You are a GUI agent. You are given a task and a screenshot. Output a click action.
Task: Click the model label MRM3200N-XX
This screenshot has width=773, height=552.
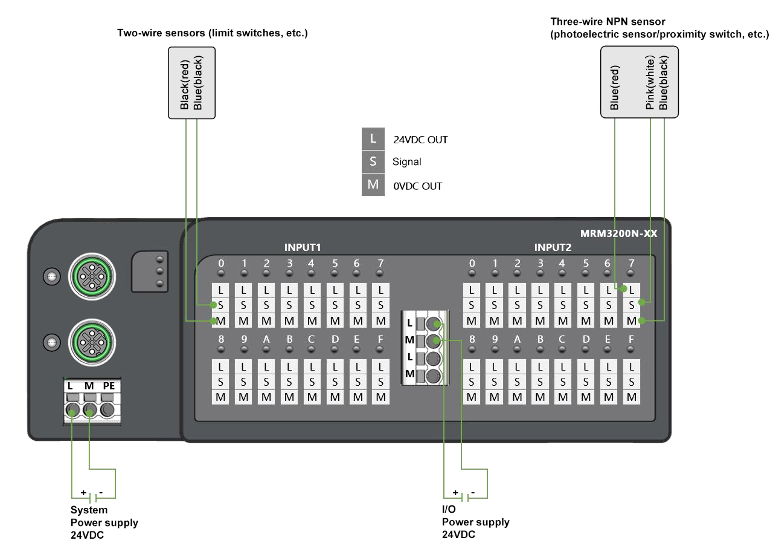(618, 233)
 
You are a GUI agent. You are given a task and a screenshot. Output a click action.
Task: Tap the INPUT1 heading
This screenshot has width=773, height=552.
(302, 247)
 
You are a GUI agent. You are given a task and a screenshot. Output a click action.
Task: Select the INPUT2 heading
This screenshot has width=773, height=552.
(553, 247)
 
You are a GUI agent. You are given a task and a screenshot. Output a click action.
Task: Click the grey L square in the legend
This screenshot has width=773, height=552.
(373, 139)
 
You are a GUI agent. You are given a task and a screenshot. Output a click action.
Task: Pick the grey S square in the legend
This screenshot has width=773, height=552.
(373, 161)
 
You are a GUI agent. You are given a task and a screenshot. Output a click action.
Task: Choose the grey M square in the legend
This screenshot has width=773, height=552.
(373, 184)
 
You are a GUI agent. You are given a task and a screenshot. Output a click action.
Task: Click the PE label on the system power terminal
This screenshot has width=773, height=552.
(109, 386)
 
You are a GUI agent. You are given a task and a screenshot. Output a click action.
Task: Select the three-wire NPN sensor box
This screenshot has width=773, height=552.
(639, 83)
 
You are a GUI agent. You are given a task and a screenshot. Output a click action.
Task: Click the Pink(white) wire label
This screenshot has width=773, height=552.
(650, 84)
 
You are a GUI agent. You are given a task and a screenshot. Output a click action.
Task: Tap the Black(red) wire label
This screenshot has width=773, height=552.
(185, 84)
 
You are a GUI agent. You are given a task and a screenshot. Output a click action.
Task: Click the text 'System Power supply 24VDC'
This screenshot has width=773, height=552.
(104, 522)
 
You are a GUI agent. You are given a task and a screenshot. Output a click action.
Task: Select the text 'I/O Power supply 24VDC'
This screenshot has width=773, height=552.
(475, 522)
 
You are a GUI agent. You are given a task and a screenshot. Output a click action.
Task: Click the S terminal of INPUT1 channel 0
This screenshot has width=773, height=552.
(221, 305)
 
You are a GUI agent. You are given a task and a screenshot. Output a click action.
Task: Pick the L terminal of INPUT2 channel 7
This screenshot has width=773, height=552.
(631, 290)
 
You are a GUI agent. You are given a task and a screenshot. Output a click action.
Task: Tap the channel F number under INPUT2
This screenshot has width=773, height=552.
(631, 340)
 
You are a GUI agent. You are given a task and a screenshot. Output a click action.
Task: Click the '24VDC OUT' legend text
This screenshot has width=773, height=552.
(420, 140)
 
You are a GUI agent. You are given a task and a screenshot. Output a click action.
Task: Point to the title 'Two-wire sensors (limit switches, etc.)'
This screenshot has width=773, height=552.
(212, 33)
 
